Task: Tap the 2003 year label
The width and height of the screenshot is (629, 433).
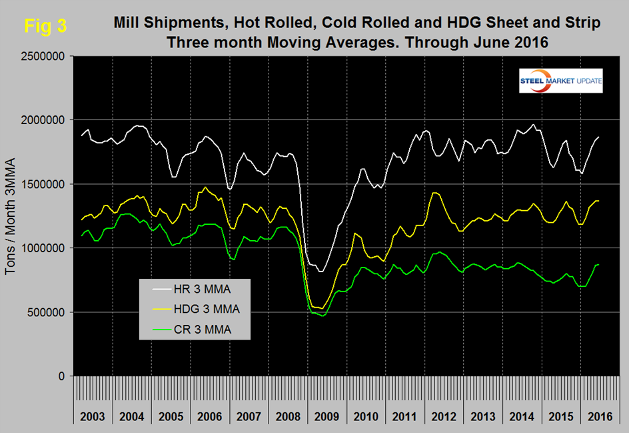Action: point(92,416)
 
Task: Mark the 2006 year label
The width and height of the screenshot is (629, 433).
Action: point(211,416)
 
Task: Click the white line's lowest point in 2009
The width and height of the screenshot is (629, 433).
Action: point(321,272)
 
